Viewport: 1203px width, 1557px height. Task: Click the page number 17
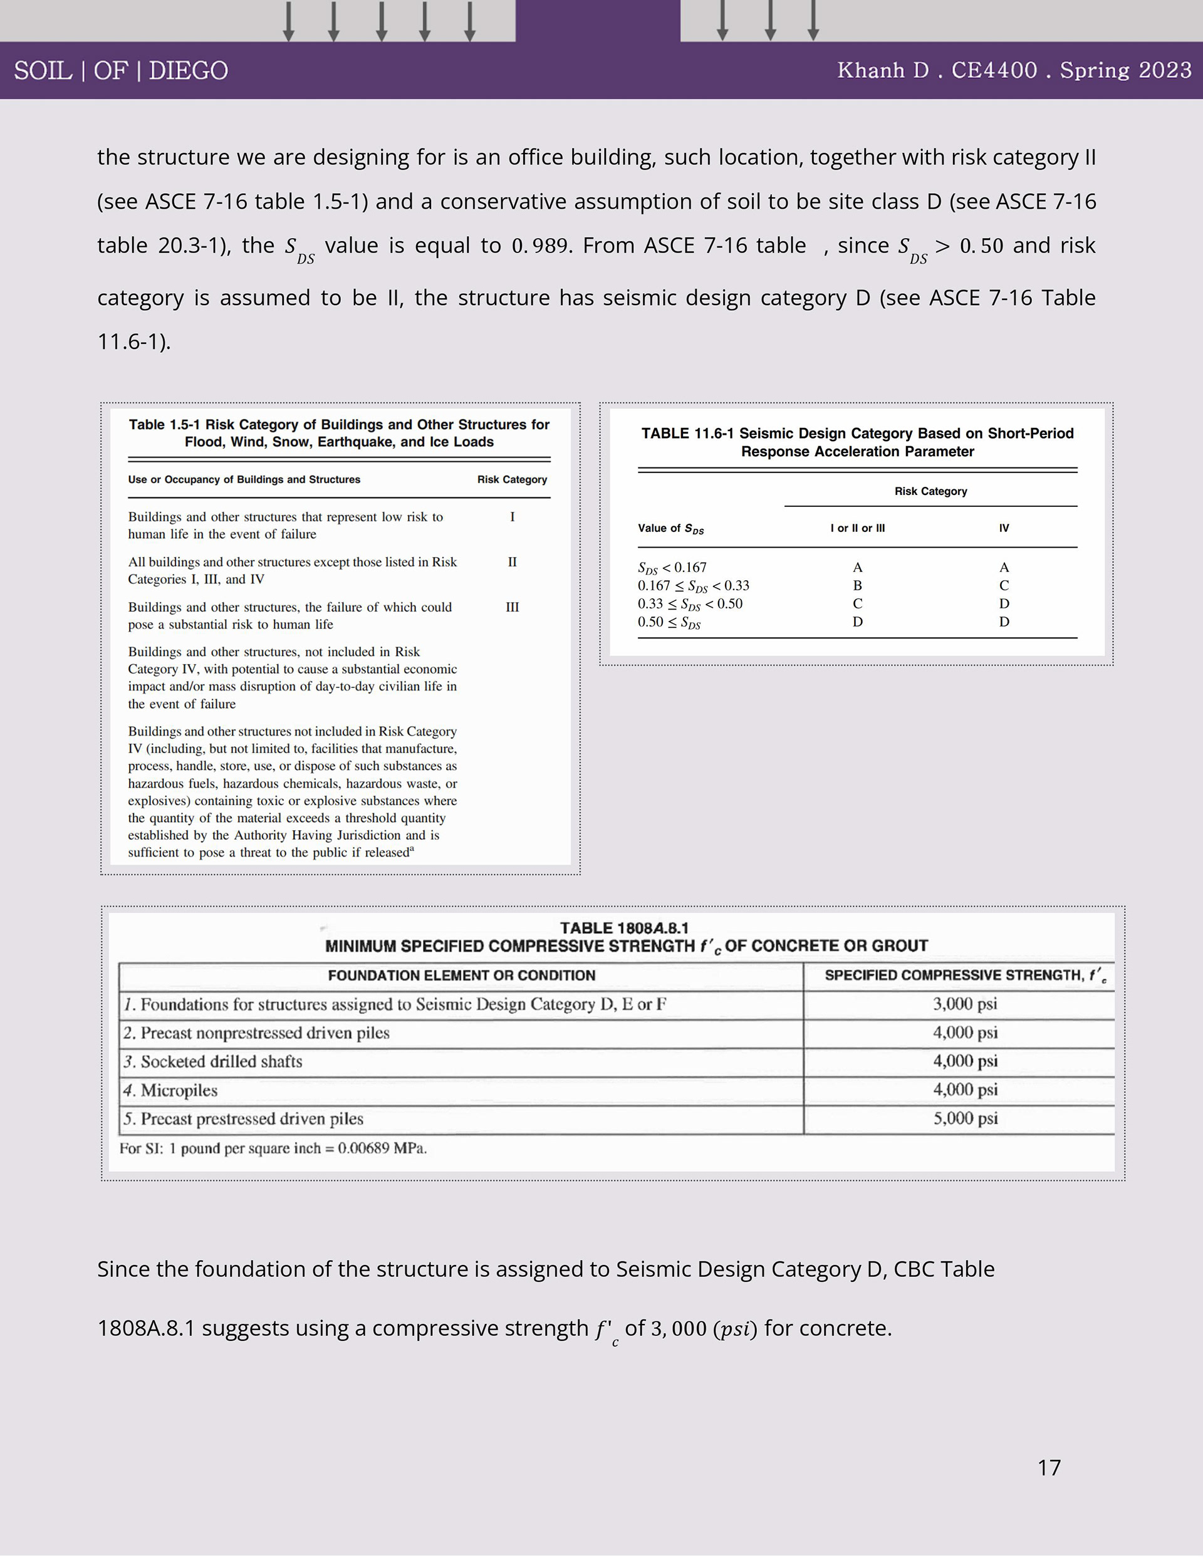[x=1049, y=1467]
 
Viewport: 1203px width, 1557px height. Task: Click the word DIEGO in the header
[x=188, y=71]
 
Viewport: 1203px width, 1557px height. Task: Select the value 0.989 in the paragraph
[x=540, y=246]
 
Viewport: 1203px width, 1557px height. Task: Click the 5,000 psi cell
[x=965, y=1118]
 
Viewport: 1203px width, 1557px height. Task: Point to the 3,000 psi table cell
[x=965, y=1004]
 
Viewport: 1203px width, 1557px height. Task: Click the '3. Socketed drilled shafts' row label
[x=212, y=1061]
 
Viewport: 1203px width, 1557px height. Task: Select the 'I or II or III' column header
[x=857, y=528]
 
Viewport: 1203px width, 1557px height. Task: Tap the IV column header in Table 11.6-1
[x=1004, y=528]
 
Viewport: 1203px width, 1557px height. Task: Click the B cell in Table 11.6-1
[x=857, y=585]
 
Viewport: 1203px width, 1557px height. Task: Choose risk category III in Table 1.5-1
[x=512, y=607]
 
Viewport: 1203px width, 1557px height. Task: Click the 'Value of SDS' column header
[x=670, y=529]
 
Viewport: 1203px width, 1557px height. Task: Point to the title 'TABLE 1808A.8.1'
[x=624, y=927]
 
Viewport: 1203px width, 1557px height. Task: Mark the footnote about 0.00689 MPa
[x=273, y=1148]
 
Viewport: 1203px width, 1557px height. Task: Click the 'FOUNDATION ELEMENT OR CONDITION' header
[x=461, y=976]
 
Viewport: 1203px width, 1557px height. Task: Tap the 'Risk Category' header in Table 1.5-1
[x=512, y=480]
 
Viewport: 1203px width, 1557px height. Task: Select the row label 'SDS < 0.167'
[x=672, y=568]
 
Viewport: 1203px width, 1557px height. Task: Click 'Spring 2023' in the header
[x=1125, y=70]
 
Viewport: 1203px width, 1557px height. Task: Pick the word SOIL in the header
[x=43, y=71]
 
